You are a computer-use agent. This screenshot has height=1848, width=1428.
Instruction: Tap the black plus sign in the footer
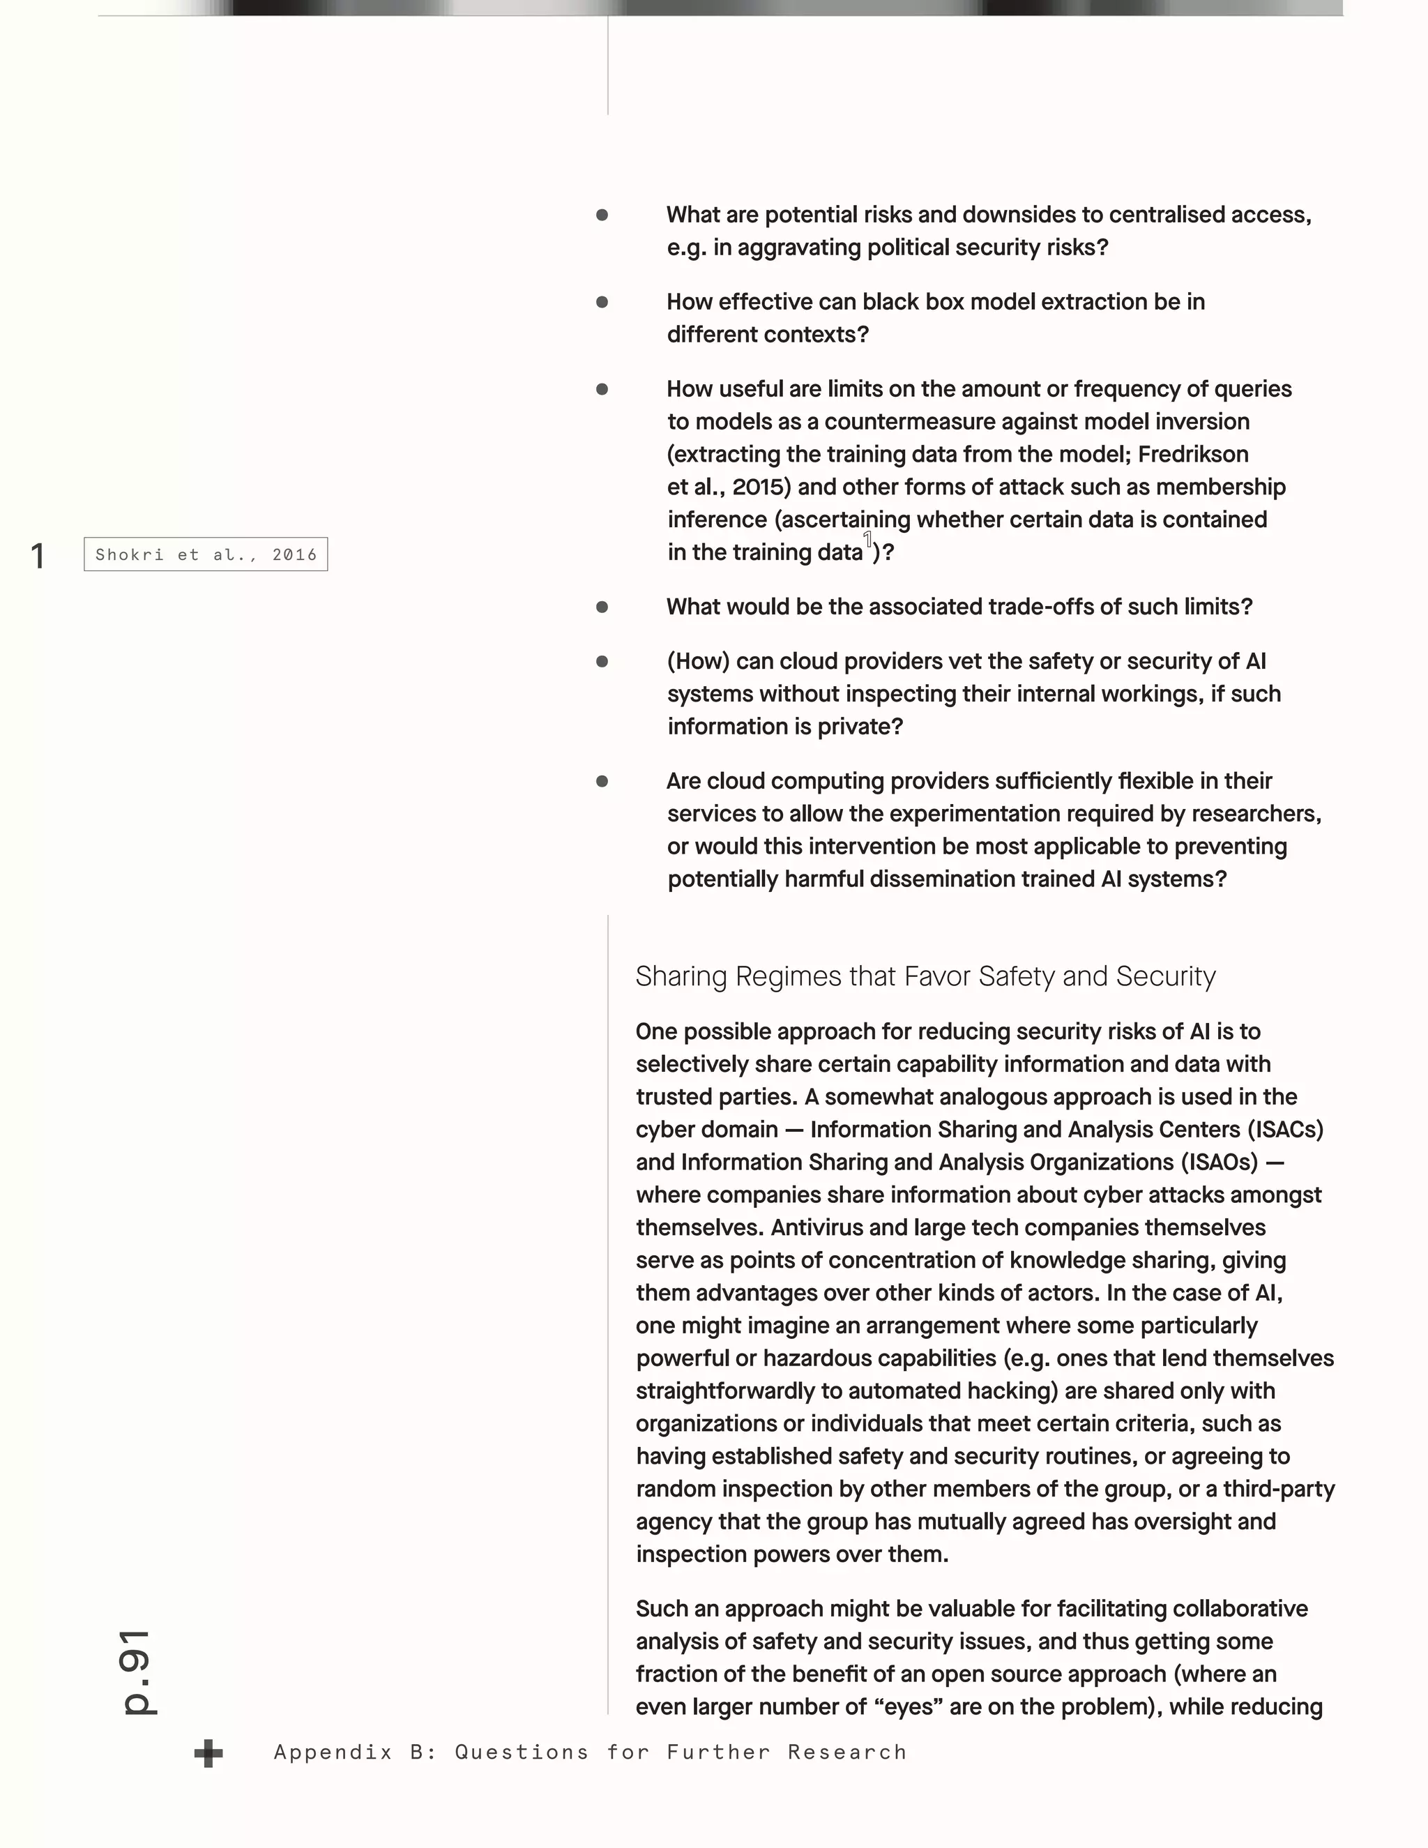coord(208,1753)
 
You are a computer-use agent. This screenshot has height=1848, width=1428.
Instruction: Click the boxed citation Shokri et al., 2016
coord(206,554)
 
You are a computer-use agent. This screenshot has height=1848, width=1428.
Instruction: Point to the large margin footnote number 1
coord(37,556)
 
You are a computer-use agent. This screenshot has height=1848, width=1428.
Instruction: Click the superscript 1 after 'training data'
coord(867,539)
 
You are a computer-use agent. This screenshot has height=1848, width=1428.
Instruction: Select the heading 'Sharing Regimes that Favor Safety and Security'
coord(925,976)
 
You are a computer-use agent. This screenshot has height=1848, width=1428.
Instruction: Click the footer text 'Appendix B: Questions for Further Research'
coord(590,1752)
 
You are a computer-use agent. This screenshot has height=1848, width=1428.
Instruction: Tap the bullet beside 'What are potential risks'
coord(602,215)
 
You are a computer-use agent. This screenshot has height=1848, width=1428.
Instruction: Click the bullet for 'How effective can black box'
coord(602,302)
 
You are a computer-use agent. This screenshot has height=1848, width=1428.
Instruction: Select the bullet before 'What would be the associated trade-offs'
coord(602,607)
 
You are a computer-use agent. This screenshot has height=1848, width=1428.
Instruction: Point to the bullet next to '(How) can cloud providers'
coord(602,662)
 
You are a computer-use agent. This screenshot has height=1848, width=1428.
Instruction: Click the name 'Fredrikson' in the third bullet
coord(1193,455)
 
